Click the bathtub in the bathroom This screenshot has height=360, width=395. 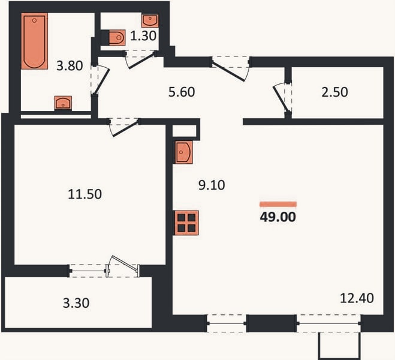pyautogui.click(x=35, y=41)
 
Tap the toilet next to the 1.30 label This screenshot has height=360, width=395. pyautogui.click(x=117, y=38)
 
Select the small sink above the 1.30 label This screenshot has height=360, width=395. pyautogui.click(x=150, y=20)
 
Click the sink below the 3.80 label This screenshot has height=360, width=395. pyautogui.click(x=63, y=103)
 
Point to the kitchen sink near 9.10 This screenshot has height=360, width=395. pyautogui.click(x=184, y=152)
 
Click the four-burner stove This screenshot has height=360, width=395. pyautogui.click(x=186, y=223)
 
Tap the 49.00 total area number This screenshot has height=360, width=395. pyautogui.click(x=278, y=217)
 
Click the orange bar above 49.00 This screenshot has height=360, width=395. pyautogui.click(x=278, y=204)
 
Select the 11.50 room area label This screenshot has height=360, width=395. pyautogui.click(x=85, y=194)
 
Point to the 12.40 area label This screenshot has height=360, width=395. pyautogui.click(x=357, y=298)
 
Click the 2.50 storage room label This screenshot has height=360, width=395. pyautogui.click(x=334, y=92)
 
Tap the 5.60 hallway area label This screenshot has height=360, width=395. pyautogui.click(x=182, y=92)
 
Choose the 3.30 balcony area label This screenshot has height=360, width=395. pyautogui.click(x=76, y=303)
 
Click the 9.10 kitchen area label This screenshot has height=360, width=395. pyautogui.click(x=212, y=185)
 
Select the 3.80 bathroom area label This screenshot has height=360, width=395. pyautogui.click(x=70, y=66)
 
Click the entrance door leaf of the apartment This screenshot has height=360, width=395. pyautogui.click(x=228, y=72)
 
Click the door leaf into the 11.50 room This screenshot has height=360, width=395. pyautogui.click(x=125, y=130)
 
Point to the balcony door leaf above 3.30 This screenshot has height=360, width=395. pyautogui.click(x=125, y=263)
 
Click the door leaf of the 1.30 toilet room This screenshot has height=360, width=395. pyautogui.click(x=141, y=61)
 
